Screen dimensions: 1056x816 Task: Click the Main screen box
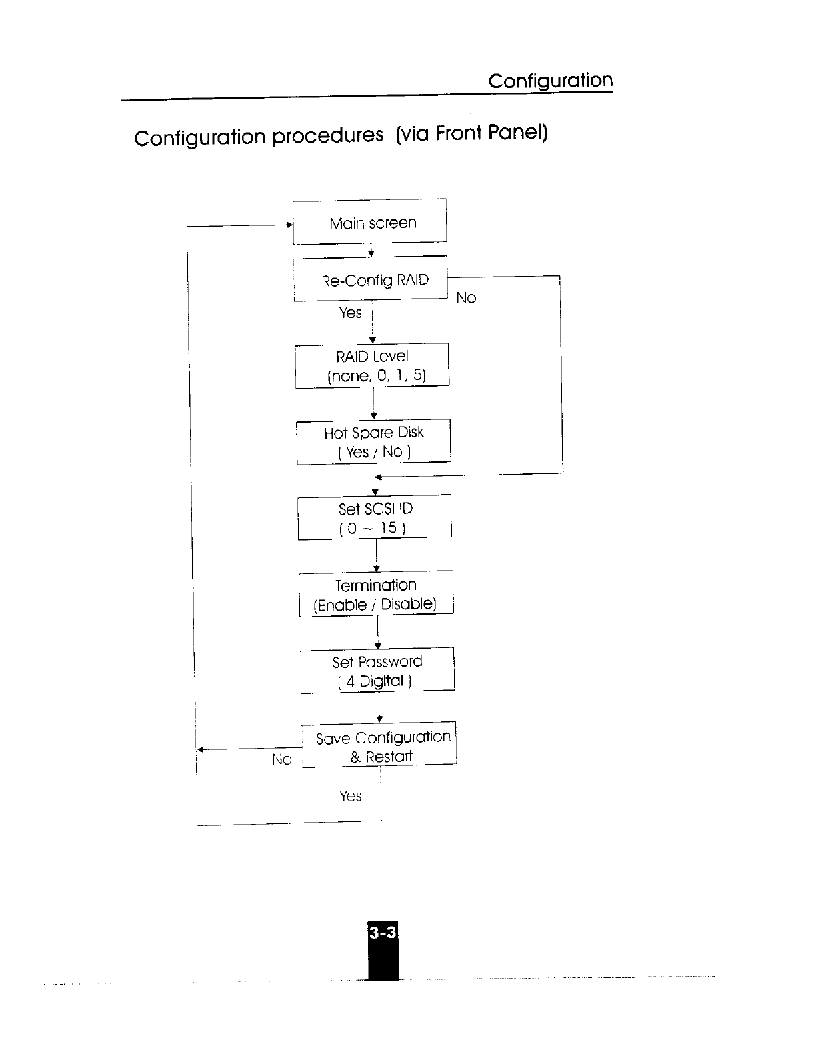click(370, 221)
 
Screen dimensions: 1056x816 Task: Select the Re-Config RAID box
click(371, 279)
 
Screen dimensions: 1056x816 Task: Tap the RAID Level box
click(372, 365)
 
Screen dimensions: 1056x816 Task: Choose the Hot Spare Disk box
click(373, 441)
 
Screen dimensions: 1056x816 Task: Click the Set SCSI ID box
click(375, 517)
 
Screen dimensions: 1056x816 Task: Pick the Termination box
click(376, 593)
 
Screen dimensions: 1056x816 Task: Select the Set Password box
click(377, 670)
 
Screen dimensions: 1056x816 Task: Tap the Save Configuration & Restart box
click(379, 745)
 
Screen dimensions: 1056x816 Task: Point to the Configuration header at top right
click(550, 81)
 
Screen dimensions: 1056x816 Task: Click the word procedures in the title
click(327, 136)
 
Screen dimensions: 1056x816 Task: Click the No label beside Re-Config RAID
click(466, 298)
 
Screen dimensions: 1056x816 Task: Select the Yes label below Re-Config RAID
click(351, 313)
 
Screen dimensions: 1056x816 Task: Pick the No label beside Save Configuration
click(282, 759)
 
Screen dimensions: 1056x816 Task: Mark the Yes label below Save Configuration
click(351, 796)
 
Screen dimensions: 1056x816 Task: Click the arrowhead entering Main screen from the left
click(290, 225)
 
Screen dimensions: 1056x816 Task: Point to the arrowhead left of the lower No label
click(201, 750)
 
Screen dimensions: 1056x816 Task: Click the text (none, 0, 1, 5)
click(376, 375)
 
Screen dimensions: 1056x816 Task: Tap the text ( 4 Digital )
click(375, 681)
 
